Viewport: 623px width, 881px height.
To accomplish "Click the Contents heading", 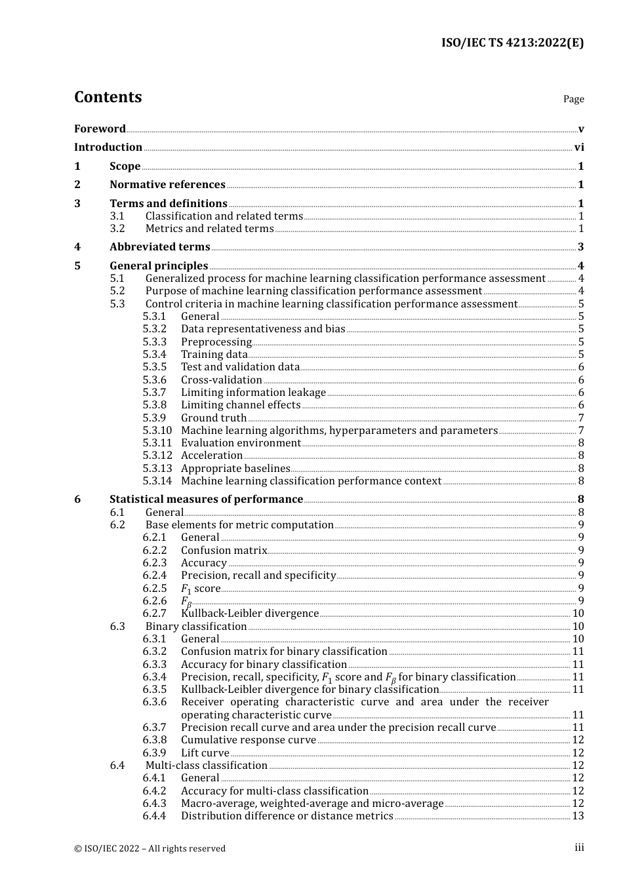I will tap(108, 97).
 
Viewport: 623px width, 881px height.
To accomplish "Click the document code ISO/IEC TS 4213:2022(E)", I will tap(512, 43).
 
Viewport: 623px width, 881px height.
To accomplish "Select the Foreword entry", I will tap(100, 128).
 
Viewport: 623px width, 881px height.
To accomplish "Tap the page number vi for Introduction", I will tap(579, 147).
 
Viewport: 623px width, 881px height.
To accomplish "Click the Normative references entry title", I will tap(167, 185).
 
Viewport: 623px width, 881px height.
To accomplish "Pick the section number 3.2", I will tap(117, 229).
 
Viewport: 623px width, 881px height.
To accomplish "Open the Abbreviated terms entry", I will tap(159, 247).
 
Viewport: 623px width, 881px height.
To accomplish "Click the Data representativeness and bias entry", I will tap(263, 329).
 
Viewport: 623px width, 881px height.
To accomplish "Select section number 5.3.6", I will tap(155, 380).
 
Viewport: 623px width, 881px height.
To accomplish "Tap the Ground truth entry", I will tap(214, 418).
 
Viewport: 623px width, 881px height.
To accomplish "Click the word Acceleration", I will tap(212, 456).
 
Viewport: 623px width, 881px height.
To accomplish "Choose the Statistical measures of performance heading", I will tap(206, 499).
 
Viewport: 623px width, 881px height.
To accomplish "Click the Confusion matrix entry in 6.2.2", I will tap(224, 551).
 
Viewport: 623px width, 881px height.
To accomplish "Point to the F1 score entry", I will tap(201, 589).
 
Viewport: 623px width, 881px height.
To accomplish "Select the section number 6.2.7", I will tap(155, 614).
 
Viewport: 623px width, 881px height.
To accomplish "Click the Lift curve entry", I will tap(205, 753).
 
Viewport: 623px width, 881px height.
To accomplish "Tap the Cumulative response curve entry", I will tap(249, 740).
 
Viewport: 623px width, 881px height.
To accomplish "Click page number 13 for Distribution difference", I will tap(578, 816).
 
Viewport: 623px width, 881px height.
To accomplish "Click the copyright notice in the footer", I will tap(150, 848).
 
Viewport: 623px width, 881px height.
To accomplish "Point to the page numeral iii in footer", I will tap(579, 848).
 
